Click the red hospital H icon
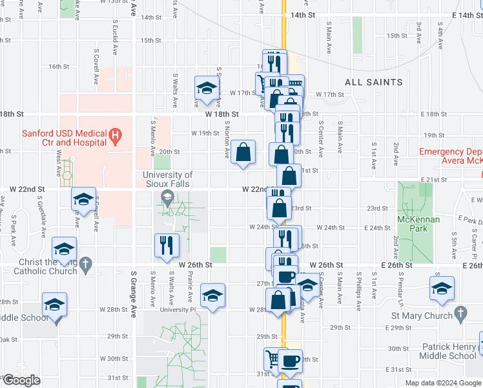point(116,135)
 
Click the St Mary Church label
point(422,316)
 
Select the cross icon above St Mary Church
point(460,314)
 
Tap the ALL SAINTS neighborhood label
point(373,82)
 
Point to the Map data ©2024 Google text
point(443,383)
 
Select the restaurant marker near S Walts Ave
point(167,245)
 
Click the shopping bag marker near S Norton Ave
point(243,153)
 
